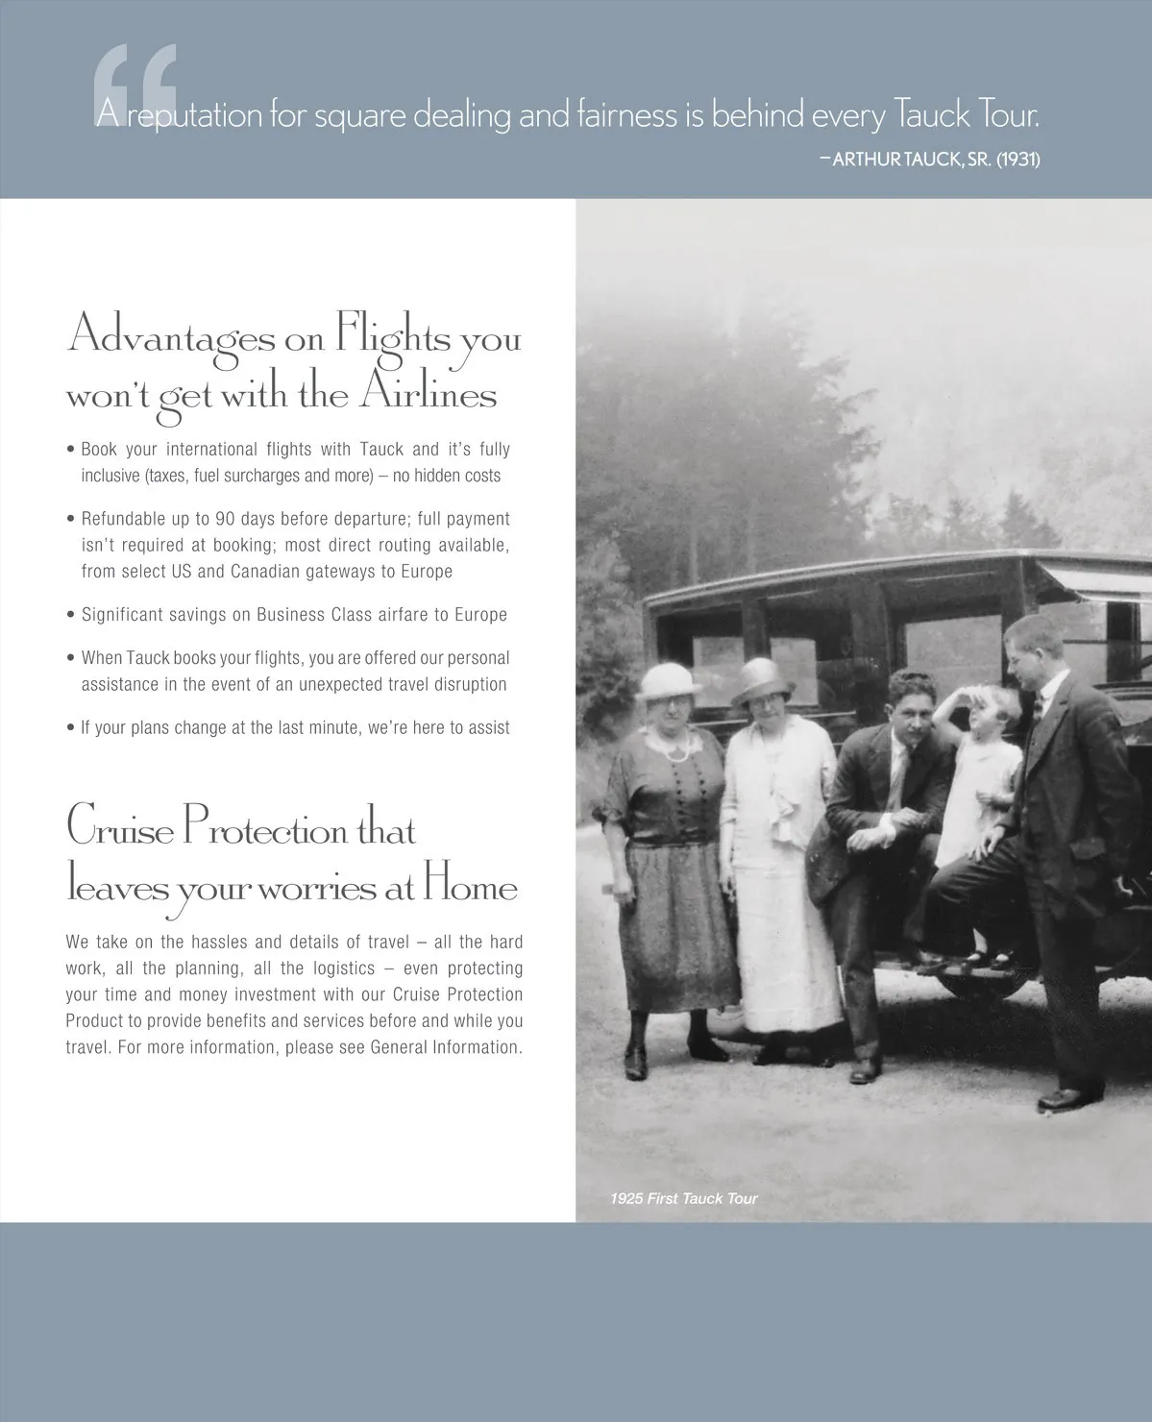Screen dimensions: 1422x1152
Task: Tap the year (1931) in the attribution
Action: [x=1017, y=159]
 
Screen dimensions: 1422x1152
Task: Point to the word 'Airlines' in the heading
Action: [x=429, y=395]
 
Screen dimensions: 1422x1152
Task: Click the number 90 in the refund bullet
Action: [x=225, y=519]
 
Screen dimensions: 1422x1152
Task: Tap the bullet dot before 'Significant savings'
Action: [x=71, y=615]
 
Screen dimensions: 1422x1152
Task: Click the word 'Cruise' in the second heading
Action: [x=118, y=829]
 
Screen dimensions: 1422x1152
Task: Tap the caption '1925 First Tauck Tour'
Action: [x=683, y=1198]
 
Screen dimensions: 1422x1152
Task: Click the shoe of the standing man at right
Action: [x=1063, y=1097]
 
